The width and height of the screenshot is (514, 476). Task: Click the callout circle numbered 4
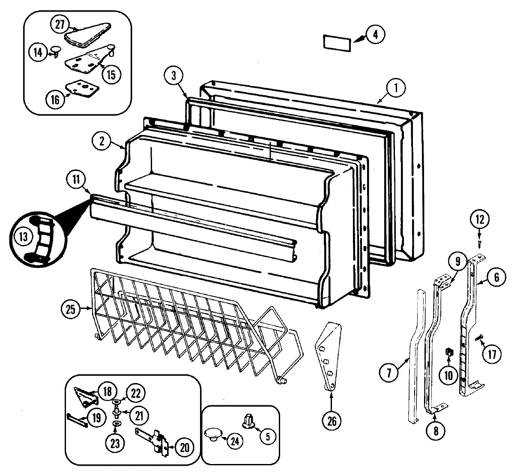click(x=375, y=35)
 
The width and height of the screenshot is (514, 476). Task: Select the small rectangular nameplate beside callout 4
click(x=336, y=43)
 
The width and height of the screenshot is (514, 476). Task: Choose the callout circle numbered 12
click(x=479, y=220)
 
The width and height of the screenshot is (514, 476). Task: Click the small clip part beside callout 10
click(x=449, y=352)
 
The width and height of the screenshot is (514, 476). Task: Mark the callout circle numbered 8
click(x=436, y=431)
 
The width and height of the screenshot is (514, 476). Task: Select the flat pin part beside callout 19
click(x=78, y=419)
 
